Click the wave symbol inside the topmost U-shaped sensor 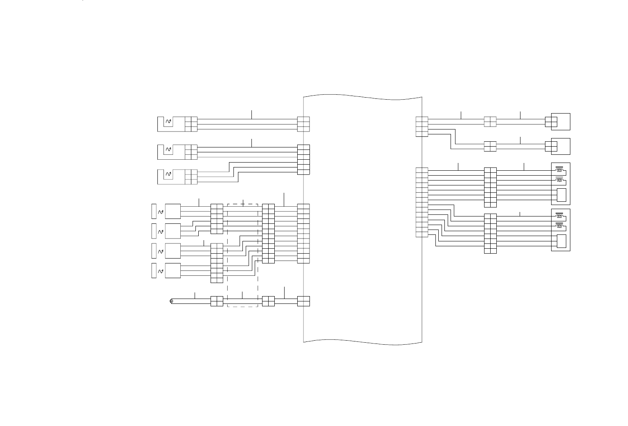coord(168,121)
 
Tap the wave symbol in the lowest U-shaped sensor coord(168,174)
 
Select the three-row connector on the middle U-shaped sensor coord(191,152)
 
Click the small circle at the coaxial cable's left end coord(171,301)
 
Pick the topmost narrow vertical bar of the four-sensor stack coord(154,211)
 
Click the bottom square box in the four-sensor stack coord(173,270)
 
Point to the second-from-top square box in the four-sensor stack coord(173,231)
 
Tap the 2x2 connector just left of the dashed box coord(217,301)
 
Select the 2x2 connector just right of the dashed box coord(268,301)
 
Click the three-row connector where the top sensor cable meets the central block coord(303,124)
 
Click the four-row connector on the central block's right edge coord(422,127)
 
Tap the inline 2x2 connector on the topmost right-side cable coord(490,122)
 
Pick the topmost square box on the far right coord(561,122)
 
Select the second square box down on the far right coord(561,146)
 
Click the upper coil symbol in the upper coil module coord(559,170)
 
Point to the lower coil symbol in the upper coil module coord(559,181)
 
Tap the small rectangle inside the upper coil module coord(561,196)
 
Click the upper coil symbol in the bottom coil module coord(559,216)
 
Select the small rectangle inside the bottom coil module coord(561,242)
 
